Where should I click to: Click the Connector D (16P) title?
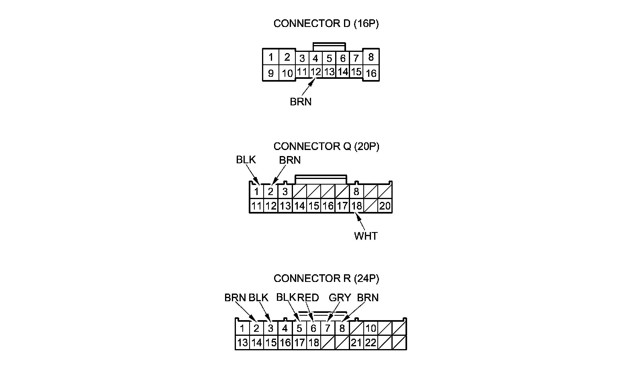pos(326,24)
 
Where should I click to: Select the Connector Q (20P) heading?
pos(326,146)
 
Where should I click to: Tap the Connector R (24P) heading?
pos(326,278)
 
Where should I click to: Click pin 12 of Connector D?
pos(316,72)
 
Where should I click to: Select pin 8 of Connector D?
pos(371,57)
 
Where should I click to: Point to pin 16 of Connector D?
pos(371,73)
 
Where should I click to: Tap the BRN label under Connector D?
pos(301,102)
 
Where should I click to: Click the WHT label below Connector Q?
pos(366,236)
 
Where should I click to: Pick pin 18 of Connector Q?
pos(356,206)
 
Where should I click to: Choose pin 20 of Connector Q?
pos(385,206)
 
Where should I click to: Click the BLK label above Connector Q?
pos(246,160)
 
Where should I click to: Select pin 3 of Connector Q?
pos(285,191)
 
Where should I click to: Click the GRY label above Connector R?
pos(340,298)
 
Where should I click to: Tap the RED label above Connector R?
pos(308,298)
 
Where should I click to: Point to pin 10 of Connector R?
pos(371,328)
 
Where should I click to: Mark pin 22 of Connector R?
pos(371,343)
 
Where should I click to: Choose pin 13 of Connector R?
pos(242,343)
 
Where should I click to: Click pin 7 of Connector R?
pos(328,328)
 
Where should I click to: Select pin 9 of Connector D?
pos(271,73)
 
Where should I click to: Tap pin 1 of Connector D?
pos(271,57)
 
